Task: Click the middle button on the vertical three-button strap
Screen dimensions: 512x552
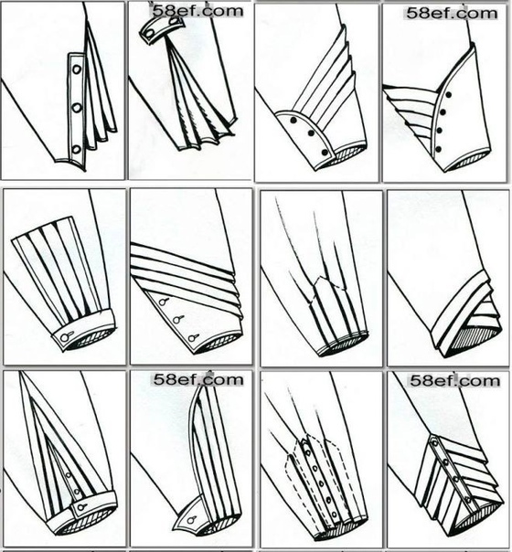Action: tap(77, 108)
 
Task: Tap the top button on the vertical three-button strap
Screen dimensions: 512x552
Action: tap(77, 69)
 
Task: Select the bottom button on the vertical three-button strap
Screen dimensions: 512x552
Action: tap(77, 150)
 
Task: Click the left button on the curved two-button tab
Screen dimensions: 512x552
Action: tap(150, 34)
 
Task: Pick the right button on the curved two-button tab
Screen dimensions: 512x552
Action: tap(174, 21)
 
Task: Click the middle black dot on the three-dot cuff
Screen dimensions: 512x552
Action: tap(311, 133)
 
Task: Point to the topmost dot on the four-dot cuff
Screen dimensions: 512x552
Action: tap(449, 94)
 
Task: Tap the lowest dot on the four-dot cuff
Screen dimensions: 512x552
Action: tap(439, 149)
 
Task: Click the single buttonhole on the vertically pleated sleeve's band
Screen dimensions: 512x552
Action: tap(66, 337)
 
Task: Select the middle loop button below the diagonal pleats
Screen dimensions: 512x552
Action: tap(177, 319)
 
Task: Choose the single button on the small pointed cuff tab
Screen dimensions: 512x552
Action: tap(192, 520)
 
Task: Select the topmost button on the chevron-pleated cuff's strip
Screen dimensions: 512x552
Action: tap(434, 441)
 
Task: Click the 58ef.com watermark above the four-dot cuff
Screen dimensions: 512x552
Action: tap(452, 14)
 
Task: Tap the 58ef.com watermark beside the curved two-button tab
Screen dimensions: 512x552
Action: tap(197, 11)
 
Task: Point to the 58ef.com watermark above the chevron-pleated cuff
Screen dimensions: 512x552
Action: tap(455, 381)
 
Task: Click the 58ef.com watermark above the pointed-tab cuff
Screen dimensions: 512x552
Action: tap(198, 379)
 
